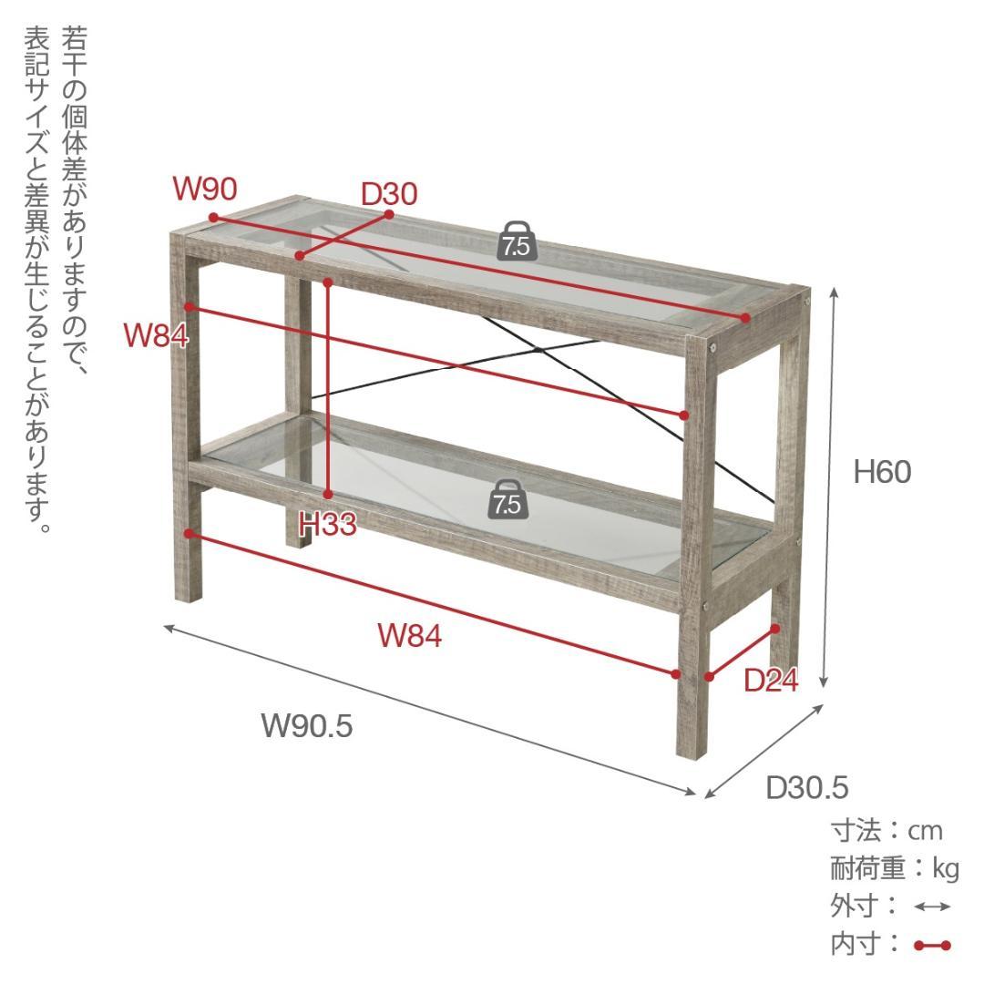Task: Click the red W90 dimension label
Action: click(205, 189)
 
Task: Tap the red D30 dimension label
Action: click(389, 194)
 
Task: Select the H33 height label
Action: click(328, 524)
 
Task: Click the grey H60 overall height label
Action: click(882, 472)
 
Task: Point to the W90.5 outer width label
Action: click(307, 726)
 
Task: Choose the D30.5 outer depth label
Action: click(807, 787)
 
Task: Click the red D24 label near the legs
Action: click(772, 681)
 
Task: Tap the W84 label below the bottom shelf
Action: click(410, 636)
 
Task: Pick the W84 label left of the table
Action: click(156, 335)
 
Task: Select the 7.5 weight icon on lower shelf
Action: click(508, 500)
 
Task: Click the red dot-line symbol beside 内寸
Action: click(933, 945)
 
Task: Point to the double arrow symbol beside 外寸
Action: click(933, 907)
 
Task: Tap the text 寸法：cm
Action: click(887, 831)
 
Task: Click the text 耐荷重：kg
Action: click(895, 869)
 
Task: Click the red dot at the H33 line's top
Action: click(328, 283)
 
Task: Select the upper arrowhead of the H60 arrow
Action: click(834, 292)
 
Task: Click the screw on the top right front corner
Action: click(712, 346)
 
